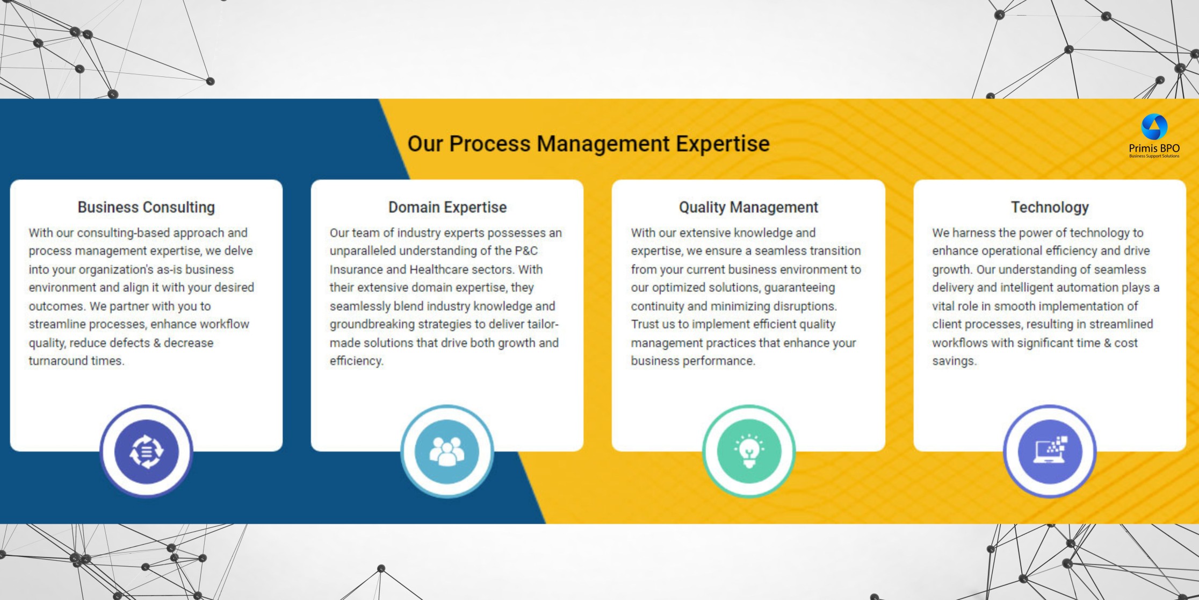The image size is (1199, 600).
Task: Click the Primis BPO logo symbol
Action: [1154, 127]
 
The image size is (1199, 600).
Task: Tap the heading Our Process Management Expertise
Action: [588, 144]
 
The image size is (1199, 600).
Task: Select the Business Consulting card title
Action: [146, 207]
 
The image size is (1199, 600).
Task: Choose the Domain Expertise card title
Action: [447, 207]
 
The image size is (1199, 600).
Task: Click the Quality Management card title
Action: [748, 207]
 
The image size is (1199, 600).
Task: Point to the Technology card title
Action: [1050, 207]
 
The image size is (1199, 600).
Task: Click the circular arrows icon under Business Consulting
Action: [146, 451]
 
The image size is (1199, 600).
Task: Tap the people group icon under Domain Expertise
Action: [447, 451]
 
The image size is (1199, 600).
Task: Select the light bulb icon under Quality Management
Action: [749, 451]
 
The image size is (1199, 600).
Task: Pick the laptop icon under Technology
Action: [1050, 450]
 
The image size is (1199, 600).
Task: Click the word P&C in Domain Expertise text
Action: [526, 251]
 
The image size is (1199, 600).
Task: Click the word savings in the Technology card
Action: [954, 361]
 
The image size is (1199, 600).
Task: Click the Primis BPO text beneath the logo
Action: [1154, 148]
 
